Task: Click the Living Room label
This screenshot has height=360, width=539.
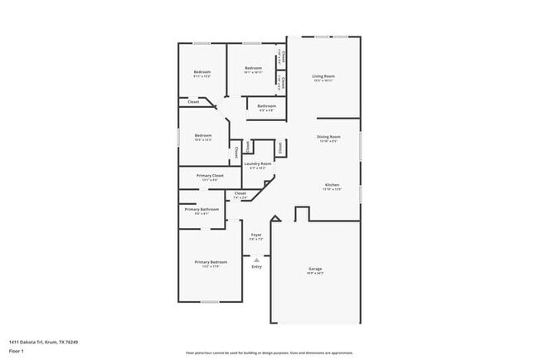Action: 323,76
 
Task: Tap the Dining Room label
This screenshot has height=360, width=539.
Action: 328,136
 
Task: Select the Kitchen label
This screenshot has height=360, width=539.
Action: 332,184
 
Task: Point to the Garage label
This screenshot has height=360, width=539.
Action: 315,269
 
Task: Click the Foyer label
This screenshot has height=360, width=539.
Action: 256,235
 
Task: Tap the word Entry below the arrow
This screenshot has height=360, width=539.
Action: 256,266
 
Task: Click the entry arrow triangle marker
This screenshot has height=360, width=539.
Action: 256,259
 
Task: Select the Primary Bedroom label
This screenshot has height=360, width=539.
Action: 211,262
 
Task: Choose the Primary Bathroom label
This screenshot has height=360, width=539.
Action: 202,209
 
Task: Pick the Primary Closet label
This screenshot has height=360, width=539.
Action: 210,176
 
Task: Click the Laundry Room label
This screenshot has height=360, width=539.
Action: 257,163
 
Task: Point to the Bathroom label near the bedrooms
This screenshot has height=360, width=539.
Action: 266,106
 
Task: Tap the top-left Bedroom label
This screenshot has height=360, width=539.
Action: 202,72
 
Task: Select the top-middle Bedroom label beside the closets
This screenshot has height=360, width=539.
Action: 253,68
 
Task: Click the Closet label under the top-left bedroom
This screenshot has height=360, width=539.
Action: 193,102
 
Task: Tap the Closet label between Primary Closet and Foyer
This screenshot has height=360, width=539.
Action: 240,193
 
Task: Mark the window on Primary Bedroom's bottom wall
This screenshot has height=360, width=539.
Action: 211,301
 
